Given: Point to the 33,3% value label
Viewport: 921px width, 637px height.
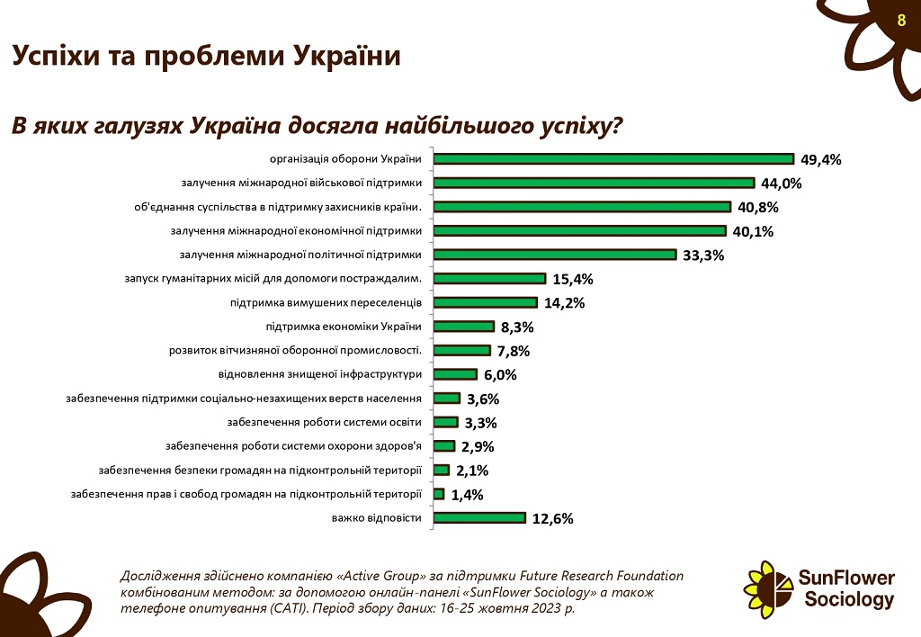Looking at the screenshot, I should point(703,256).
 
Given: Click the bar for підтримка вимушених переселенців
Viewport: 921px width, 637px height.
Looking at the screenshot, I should point(485,302).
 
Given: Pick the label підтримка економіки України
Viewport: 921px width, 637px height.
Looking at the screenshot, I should point(344,326).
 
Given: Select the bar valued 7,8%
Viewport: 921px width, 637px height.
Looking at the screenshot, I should point(461,350).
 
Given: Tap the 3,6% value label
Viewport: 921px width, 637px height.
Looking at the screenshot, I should point(482,399).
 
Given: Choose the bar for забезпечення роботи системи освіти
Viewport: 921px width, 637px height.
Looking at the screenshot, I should point(445,422).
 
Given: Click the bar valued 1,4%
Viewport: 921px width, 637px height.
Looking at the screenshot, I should point(439,494).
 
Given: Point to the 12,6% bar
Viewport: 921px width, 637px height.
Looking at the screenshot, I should point(479,517).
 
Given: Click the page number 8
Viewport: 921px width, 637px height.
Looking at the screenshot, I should point(901,21).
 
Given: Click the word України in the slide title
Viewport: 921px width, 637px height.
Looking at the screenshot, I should point(345,56).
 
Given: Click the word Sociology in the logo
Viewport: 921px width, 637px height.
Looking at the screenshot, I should point(849,599).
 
